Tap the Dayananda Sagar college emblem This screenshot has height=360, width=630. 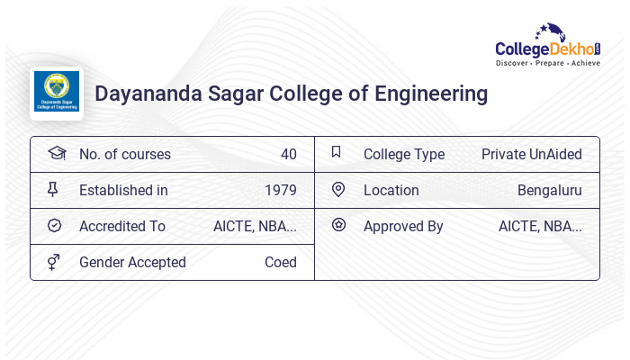pyautogui.click(x=57, y=93)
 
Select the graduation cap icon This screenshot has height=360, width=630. pyautogui.click(x=56, y=154)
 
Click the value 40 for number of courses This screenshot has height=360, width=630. pyautogui.click(x=288, y=154)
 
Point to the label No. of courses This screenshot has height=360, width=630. pyautogui.click(x=124, y=154)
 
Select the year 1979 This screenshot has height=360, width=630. pyautogui.click(x=281, y=190)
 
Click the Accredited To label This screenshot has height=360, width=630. pyautogui.click(x=122, y=226)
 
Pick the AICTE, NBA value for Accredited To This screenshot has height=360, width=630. pyautogui.click(x=255, y=226)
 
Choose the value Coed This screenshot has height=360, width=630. pyautogui.click(x=280, y=262)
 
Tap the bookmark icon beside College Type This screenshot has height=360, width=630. pyautogui.click(x=337, y=153)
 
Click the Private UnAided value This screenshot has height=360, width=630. pyautogui.click(x=531, y=154)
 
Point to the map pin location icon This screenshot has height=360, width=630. pyautogui.click(x=338, y=190)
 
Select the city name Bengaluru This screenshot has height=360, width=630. pyautogui.click(x=549, y=190)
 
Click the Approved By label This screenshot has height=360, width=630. pyautogui.click(x=403, y=226)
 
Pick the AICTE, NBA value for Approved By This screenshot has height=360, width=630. pyautogui.click(x=540, y=226)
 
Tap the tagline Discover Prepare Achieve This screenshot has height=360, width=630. pyautogui.click(x=547, y=63)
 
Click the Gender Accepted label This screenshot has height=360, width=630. pyautogui.click(x=132, y=262)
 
